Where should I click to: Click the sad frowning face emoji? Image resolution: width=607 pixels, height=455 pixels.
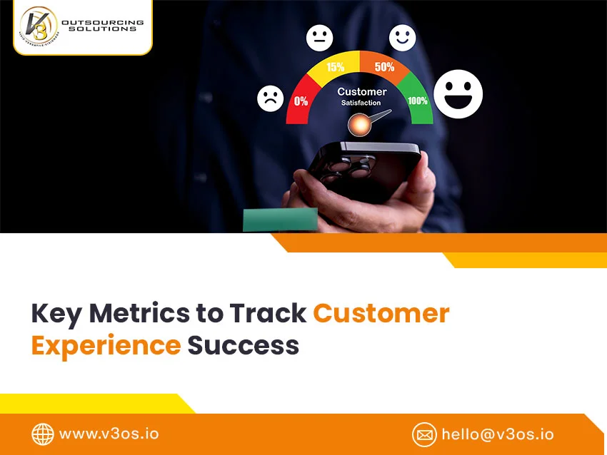pyautogui.click(x=270, y=98)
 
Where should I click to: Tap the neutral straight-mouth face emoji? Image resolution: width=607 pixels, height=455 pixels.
pyautogui.click(x=319, y=38)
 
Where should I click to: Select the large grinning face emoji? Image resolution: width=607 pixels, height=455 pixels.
pyautogui.click(x=458, y=93)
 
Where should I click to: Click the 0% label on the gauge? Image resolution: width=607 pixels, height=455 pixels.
pyautogui.click(x=301, y=101)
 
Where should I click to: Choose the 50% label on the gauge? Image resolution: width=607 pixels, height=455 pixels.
pyautogui.click(x=384, y=67)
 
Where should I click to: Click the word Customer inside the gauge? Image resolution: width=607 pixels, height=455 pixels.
pyautogui.click(x=361, y=91)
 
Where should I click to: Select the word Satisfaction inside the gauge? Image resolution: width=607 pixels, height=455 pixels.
pyautogui.click(x=361, y=103)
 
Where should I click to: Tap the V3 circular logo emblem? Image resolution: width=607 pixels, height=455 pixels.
pyautogui.click(x=39, y=28)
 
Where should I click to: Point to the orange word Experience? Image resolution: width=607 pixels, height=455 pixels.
pyautogui.click(x=105, y=345)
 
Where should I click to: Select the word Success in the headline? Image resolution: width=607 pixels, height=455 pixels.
pyautogui.click(x=243, y=345)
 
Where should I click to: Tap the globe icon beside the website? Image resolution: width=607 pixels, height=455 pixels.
pyautogui.click(x=43, y=434)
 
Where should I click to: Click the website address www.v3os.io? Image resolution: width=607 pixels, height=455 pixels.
pyautogui.click(x=109, y=434)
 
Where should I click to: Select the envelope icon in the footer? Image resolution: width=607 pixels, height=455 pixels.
pyautogui.click(x=424, y=434)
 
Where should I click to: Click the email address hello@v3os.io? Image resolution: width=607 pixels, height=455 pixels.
pyautogui.click(x=497, y=434)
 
